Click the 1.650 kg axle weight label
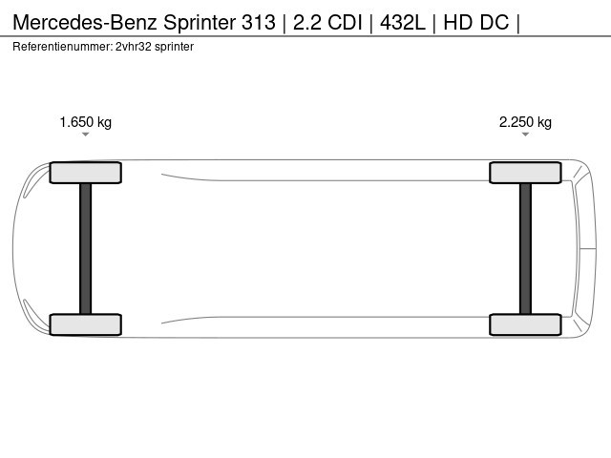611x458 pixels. coord(85,122)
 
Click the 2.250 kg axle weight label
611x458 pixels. coord(525,122)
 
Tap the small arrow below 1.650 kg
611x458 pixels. coord(85,135)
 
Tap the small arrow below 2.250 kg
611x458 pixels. coord(525,135)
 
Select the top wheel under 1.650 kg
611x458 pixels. coord(86,173)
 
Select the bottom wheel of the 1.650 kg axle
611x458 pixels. coord(86,324)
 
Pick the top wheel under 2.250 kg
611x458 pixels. coord(525,173)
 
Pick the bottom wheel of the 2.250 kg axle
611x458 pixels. coord(525,324)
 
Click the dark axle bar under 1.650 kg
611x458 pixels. coord(86,248)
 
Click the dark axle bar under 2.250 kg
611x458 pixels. coord(525,248)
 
